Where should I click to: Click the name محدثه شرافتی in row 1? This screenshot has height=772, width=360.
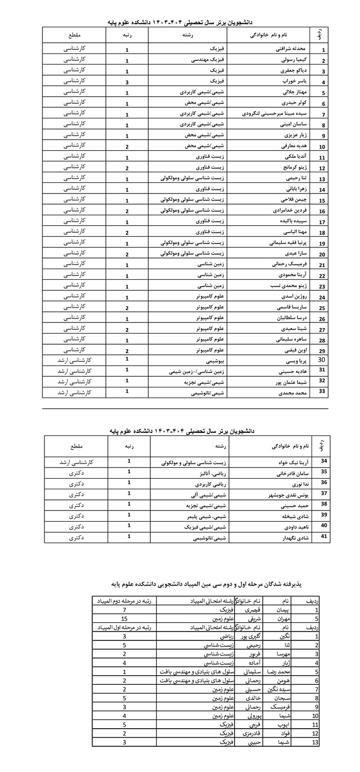click(292, 50)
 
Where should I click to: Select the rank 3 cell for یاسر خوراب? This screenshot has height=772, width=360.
click(127, 82)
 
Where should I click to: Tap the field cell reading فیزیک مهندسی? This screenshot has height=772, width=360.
click(209, 60)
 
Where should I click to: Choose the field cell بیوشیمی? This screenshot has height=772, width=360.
click(214, 361)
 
